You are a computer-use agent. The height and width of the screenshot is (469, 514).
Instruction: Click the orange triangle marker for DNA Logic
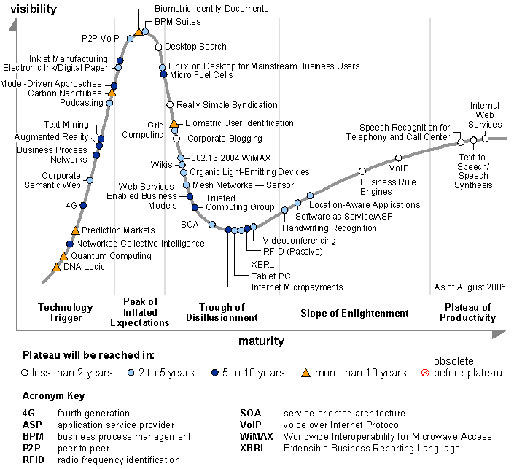point(56,267)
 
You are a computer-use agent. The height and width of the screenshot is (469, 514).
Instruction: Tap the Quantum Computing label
point(111,256)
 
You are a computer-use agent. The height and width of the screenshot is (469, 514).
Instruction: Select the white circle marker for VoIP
point(399,158)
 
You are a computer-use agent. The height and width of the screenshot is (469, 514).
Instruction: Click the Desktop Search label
point(195,47)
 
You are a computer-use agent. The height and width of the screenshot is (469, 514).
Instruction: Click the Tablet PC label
point(270,276)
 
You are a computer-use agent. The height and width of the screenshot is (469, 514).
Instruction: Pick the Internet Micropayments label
point(297,287)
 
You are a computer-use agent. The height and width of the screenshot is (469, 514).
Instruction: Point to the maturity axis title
point(260,341)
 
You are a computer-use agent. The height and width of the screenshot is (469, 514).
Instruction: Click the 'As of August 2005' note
point(469,287)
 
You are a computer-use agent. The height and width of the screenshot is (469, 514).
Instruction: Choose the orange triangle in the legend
point(306,373)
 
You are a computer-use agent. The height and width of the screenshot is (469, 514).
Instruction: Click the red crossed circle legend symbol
point(426,373)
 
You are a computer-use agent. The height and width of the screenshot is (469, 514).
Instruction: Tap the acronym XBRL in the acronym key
point(253,448)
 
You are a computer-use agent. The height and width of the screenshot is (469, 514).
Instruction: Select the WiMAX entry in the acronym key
point(257,436)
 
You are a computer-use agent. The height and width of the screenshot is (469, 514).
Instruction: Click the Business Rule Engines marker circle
point(362,171)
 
